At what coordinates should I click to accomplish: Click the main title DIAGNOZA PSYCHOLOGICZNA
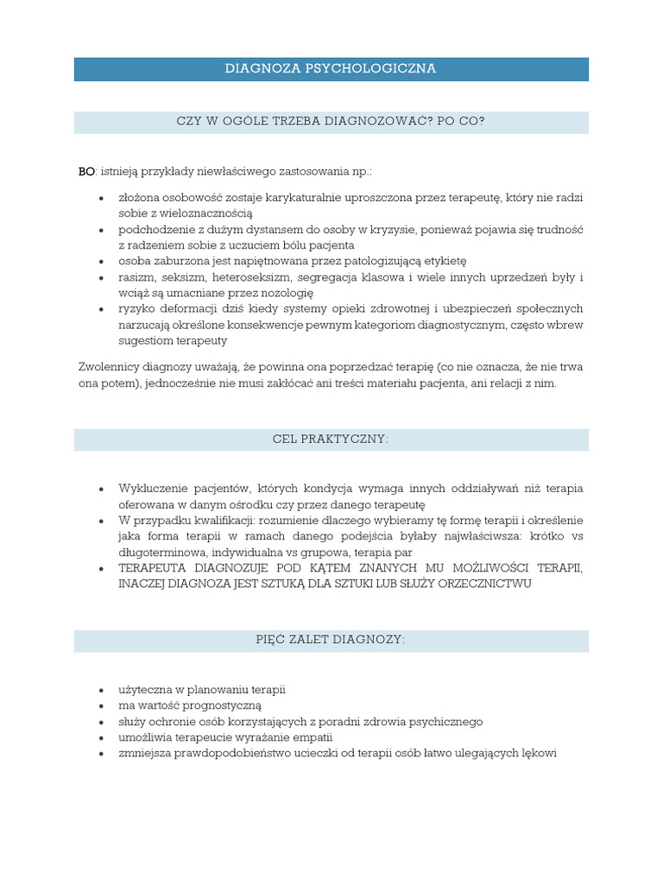click(x=331, y=68)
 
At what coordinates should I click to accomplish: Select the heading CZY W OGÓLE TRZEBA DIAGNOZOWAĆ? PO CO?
click(x=331, y=122)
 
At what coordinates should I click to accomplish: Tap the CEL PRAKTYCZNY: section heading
click(x=331, y=439)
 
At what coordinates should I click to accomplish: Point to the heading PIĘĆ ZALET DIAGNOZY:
click(x=331, y=641)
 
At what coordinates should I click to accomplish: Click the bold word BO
click(x=86, y=173)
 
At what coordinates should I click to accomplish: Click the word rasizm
click(x=136, y=277)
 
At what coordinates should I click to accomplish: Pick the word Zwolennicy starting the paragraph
click(x=109, y=367)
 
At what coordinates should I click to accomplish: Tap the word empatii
click(x=313, y=737)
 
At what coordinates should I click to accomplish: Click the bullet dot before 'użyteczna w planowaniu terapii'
click(x=101, y=690)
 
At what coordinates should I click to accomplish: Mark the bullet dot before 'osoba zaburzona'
click(x=101, y=262)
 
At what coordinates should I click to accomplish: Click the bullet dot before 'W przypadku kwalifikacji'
click(x=101, y=520)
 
